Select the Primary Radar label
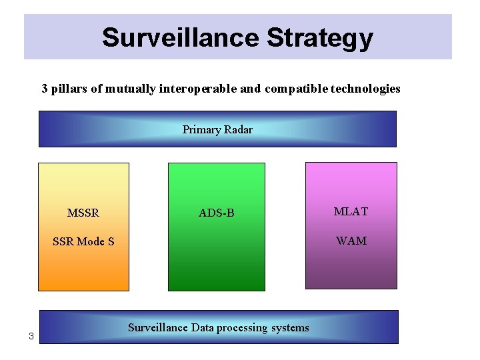click(217, 129)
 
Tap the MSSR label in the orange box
click(83, 213)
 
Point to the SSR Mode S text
click(83, 241)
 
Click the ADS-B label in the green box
click(217, 213)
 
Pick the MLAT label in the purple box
click(351, 212)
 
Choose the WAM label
click(351, 241)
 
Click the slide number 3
click(31, 336)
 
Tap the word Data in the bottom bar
click(206, 327)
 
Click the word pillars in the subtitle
click(69, 89)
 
